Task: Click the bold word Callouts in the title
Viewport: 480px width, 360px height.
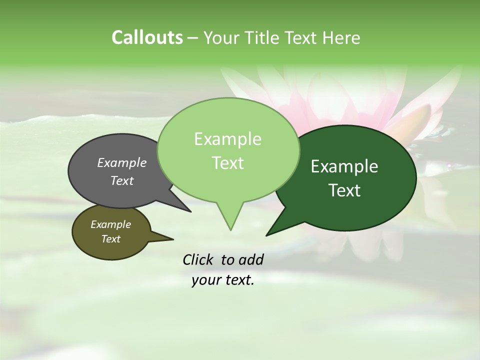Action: point(147,38)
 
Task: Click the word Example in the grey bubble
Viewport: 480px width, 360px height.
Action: point(122,163)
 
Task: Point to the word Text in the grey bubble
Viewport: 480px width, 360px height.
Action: point(122,180)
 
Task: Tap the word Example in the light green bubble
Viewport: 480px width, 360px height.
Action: point(227,139)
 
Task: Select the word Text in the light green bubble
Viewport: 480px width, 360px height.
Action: point(227,163)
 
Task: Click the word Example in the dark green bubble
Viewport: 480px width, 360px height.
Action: point(344,166)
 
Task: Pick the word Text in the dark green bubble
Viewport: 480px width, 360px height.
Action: point(344,190)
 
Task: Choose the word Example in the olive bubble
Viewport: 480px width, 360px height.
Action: point(111,224)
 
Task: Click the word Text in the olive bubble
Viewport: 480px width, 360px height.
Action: point(111,239)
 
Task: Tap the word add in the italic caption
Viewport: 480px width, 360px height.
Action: point(250,259)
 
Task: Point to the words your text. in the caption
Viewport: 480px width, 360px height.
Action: point(223,280)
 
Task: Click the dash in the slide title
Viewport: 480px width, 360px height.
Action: point(193,38)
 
